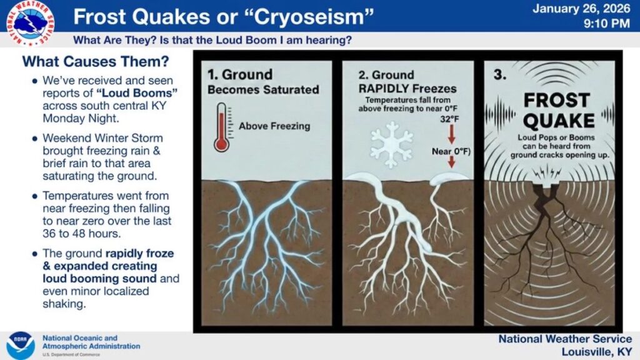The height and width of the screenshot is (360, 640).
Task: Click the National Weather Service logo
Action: point(31,23)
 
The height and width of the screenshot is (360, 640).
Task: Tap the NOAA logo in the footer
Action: point(21,345)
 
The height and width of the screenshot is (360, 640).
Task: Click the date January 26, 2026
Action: point(581,9)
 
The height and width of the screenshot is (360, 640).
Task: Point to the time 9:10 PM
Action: point(606,24)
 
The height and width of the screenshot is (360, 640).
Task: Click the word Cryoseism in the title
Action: point(307,17)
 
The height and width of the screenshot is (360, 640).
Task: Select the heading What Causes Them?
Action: point(96,62)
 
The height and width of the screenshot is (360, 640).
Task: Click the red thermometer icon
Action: point(222,127)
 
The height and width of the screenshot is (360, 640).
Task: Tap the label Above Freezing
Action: point(274,126)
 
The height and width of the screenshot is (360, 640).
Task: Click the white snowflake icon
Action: point(391,144)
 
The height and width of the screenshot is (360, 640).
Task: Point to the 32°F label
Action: point(449,119)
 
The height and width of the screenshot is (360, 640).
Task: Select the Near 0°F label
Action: point(451,151)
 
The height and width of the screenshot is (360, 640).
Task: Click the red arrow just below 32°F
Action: point(451,134)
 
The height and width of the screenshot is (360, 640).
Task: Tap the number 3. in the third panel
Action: point(500,75)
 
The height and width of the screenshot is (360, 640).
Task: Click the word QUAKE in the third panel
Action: point(558,121)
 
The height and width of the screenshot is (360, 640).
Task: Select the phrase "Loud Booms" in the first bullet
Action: point(137,93)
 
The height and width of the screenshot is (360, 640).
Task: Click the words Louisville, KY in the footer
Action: point(597,351)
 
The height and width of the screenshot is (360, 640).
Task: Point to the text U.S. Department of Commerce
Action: point(71,354)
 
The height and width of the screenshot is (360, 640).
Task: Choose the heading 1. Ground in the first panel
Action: point(239,75)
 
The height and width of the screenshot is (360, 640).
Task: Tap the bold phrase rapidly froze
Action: point(139,254)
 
